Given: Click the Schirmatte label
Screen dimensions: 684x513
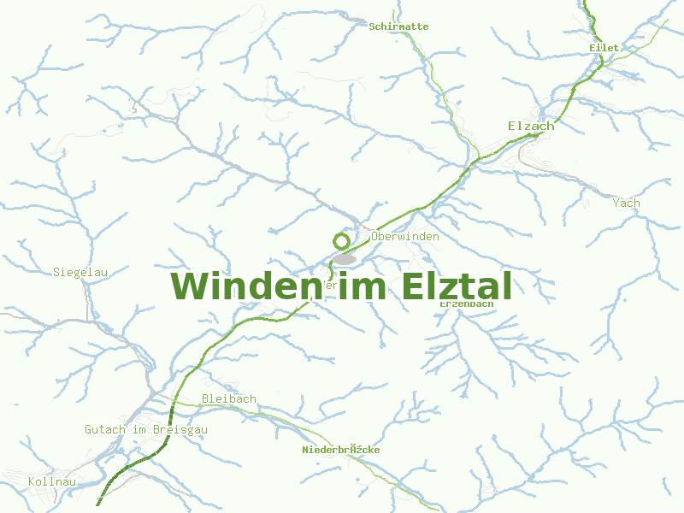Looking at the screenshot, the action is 398,27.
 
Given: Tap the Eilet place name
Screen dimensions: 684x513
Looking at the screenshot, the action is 604,48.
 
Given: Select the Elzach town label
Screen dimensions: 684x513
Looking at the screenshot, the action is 531,126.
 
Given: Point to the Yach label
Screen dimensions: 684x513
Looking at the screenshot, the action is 626,203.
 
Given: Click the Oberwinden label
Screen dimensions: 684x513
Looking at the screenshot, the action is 405,236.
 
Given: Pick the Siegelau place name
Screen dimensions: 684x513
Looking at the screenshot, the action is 80,272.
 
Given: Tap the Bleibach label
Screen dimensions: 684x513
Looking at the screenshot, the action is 228,398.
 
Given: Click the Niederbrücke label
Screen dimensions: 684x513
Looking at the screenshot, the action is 340,450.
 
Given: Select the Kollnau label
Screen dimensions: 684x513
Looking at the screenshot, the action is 52,482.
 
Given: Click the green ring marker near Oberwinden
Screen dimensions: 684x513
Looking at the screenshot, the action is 341,241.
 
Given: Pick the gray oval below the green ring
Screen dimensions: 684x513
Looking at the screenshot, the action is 344,258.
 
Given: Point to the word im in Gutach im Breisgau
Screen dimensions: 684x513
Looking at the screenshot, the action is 139,429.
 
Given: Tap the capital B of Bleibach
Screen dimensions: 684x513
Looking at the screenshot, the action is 205,398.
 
